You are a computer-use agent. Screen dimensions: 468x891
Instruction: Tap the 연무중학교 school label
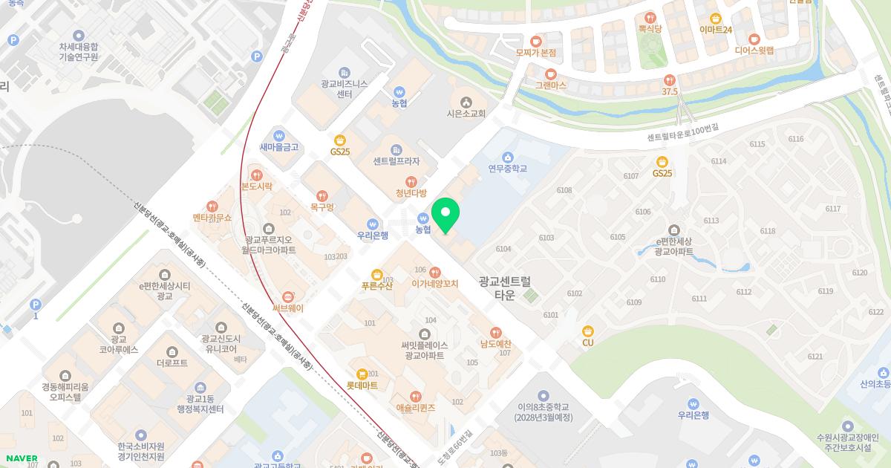click(x=507, y=169)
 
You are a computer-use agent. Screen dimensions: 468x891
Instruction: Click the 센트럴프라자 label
click(x=396, y=161)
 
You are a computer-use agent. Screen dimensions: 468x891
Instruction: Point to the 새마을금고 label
click(x=278, y=147)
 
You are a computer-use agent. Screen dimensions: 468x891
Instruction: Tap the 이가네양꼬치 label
click(x=435, y=284)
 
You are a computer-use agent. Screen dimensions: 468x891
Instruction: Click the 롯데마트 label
click(x=362, y=386)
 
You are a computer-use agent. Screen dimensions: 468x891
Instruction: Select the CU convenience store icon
click(x=588, y=331)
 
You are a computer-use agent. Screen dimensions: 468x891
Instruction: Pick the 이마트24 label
click(x=716, y=30)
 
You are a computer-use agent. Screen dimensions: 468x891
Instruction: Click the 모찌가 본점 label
click(x=535, y=53)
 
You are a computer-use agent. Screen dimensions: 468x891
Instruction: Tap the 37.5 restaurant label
click(x=670, y=91)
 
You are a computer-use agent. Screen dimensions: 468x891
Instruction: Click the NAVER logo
click(x=22, y=458)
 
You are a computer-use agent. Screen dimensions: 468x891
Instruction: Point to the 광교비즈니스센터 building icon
click(x=344, y=72)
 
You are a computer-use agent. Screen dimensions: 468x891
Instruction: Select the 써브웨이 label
click(x=287, y=308)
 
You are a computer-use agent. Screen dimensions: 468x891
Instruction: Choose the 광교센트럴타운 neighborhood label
click(x=505, y=287)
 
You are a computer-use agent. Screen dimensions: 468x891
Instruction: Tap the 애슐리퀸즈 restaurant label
click(x=415, y=408)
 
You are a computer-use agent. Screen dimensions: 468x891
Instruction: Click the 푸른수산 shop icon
click(x=376, y=275)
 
